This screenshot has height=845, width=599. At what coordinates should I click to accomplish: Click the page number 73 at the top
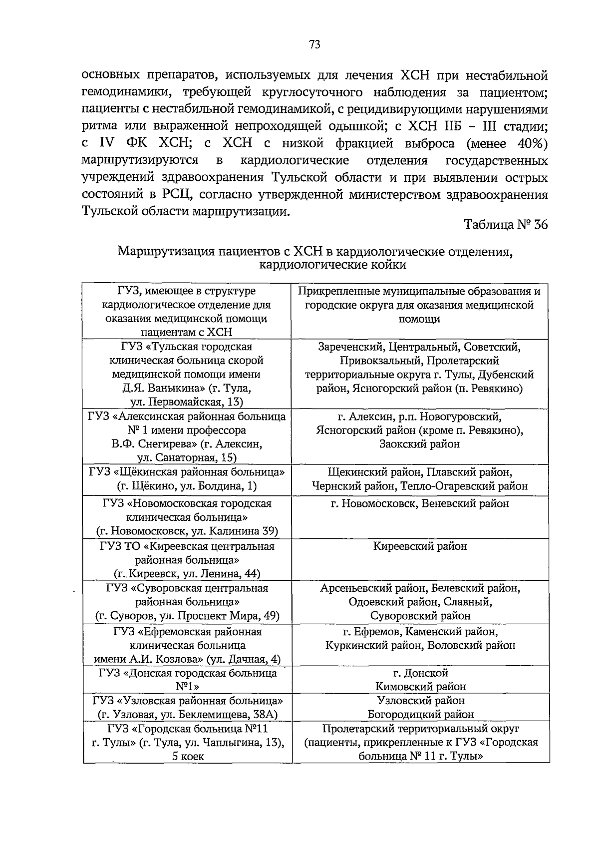314,45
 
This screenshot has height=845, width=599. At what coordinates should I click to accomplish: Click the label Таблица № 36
506,225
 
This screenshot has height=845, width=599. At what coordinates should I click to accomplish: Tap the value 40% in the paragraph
533,144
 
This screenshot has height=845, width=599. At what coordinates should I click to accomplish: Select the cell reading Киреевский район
420,546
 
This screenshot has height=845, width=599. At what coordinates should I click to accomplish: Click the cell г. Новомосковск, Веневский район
420,503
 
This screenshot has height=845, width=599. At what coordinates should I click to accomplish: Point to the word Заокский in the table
398,444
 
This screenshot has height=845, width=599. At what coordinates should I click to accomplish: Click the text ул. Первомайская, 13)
187,402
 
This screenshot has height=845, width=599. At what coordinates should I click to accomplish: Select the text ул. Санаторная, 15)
187,457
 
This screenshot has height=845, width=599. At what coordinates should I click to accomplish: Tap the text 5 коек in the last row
188,756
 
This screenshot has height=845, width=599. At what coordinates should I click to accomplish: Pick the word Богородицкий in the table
399,714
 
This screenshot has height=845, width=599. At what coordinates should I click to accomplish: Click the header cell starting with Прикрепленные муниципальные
420,305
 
